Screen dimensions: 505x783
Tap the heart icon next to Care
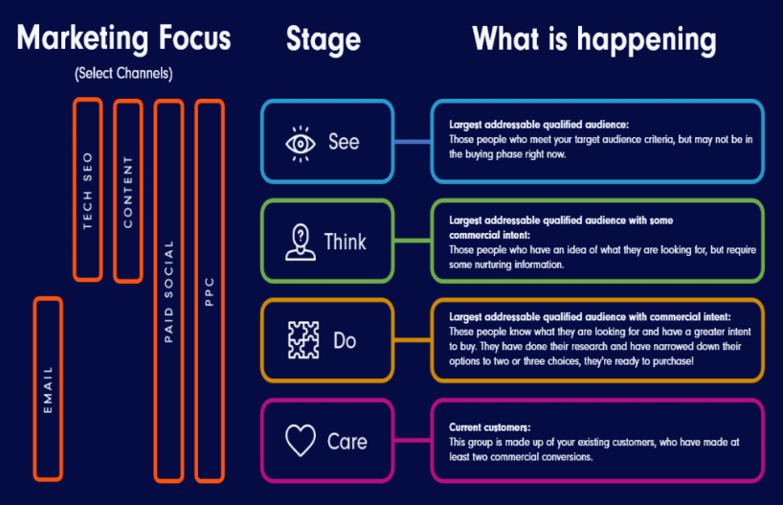pyautogui.click(x=301, y=441)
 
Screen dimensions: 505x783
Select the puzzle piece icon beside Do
pyautogui.click(x=302, y=340)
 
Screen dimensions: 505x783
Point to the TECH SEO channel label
pyautogui.click(x=87, y=191)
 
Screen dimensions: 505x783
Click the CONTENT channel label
pyautogui.click(x=127, y=192)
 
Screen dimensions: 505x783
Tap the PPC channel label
pyautogui.click(x=209, y=290)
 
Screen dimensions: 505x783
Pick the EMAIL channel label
pyautogui.click(x=48, y=389)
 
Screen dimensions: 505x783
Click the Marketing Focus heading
pyautogui.click(x=123, y=38)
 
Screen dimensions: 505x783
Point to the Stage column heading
pyautogui.click(x=324, y=39)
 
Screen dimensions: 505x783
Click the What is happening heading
pyautogui.click(x=593, y=39)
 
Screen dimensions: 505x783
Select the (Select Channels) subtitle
pyautogui.click(x=123, y=74)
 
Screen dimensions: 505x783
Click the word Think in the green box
pyautogui.click(x=345, y=241)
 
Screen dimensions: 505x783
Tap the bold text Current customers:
pyautogui.click(x=488, y=426)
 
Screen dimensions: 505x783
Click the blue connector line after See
pyautogui.click(x=412, y=142)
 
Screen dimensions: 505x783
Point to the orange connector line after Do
pyautogui.click(x=412, y=340)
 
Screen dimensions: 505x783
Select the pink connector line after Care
pyautogui.click(x=412, y=441)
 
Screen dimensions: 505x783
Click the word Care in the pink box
pyautogui.click(x=347, y=442)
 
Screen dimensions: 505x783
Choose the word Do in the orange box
pyautogui.click(x=345, y=340)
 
